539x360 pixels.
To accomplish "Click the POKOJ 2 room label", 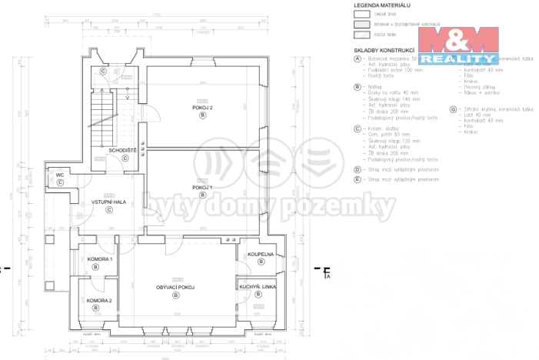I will (x=202, y=108).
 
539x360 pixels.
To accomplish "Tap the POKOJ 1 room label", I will (x=202, y=187).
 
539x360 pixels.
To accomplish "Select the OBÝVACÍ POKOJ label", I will (x=176, y=287).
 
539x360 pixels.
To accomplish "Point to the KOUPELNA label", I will (x=261, y=254).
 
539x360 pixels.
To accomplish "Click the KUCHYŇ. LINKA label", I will (x=257, y=286).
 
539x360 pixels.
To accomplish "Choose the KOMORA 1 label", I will (x=99, y=259).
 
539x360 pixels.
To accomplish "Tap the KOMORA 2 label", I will (x=99, y=300).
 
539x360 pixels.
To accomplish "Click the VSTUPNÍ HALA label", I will (x=108, y=202).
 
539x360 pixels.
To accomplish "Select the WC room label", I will (x=59, y=175).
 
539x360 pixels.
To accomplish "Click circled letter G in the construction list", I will (x=453, y=110).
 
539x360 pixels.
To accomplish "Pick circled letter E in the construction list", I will (x=358, y=179).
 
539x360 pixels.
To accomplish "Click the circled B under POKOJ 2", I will (x=202, y=115).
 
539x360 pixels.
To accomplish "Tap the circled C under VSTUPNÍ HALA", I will (x=108, y=209).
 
